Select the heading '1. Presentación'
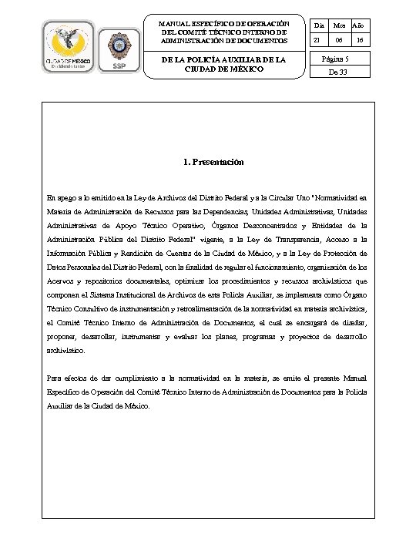click(x=213, y=163)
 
